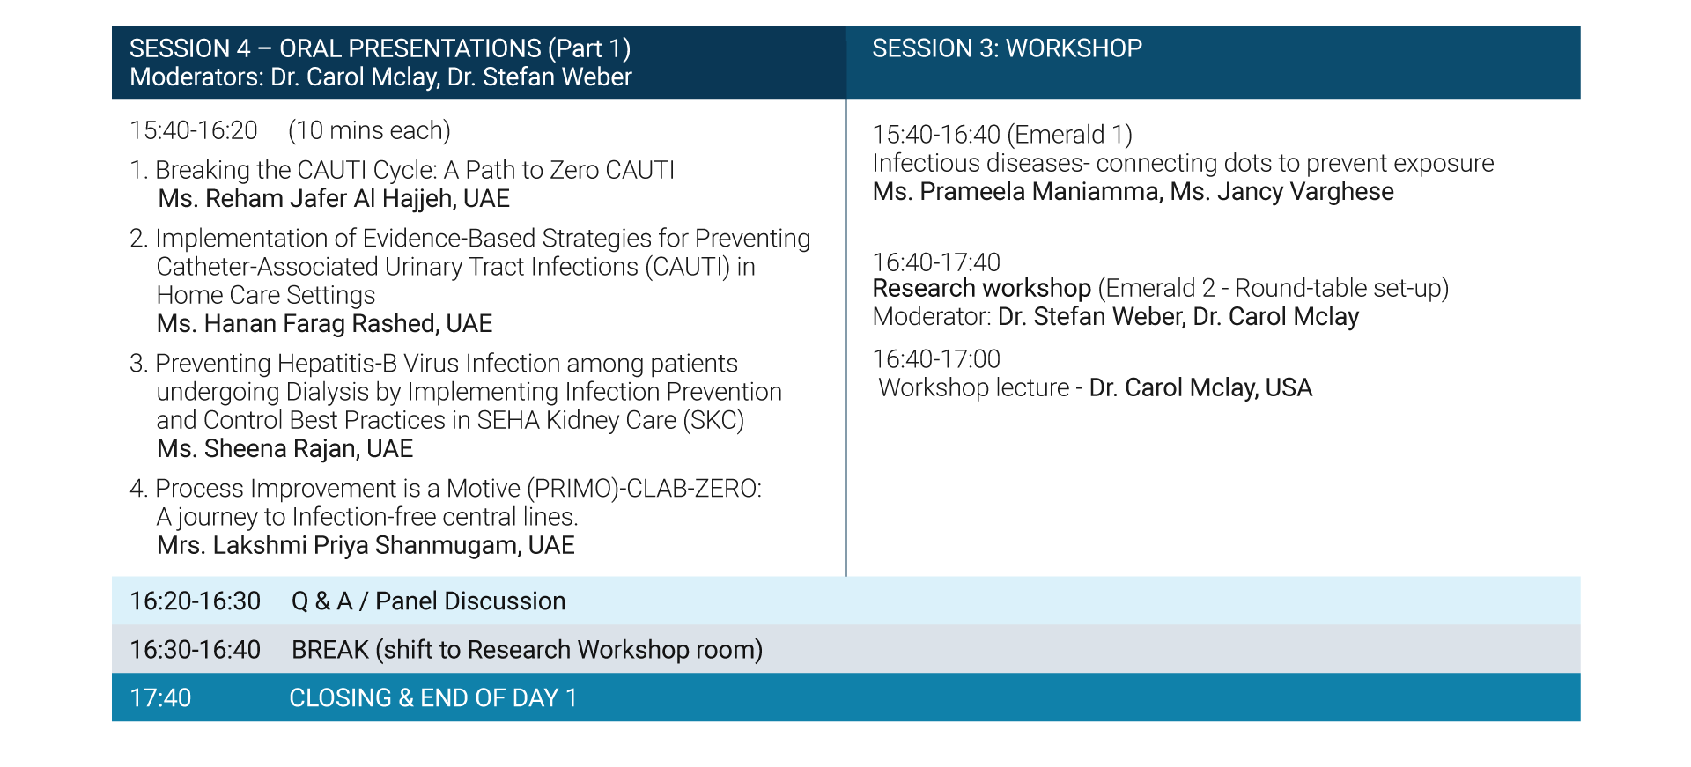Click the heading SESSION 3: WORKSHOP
tap(1007, 48)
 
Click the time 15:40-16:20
tap(194, 130)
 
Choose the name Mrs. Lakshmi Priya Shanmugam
tap(338, 546)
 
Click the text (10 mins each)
tap(369, 130)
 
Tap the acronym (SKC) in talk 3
tap(714, 420)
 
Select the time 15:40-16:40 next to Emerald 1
tap(936, 135)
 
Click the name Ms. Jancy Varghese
tap(1282, 192)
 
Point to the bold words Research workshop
tap(982, 289)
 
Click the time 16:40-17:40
tap(936, 262)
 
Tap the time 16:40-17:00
tap(936, 359)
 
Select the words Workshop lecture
tap(974, 388)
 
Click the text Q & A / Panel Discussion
tap(429, 601)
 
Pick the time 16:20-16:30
tap(196, 601)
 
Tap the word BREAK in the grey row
tap(329, 650)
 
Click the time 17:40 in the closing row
tap(160, 698)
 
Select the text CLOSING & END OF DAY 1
tap(433, 698)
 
